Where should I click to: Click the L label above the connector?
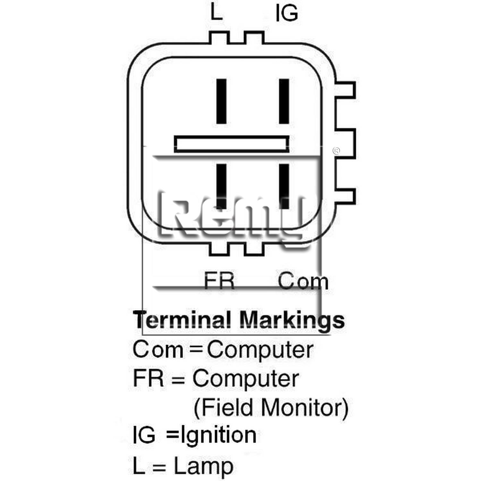216,13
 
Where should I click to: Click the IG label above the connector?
287,13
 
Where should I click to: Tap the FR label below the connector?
219,281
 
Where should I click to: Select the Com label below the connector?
303,281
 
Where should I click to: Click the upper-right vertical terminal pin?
284,101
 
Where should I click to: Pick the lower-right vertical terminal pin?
284,186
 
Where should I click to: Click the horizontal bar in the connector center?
232,144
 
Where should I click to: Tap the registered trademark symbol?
336,151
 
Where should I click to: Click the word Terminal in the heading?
182,320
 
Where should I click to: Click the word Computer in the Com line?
260,350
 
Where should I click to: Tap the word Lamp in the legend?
203,467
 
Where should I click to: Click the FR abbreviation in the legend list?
148,378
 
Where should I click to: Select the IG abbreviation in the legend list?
144,435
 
